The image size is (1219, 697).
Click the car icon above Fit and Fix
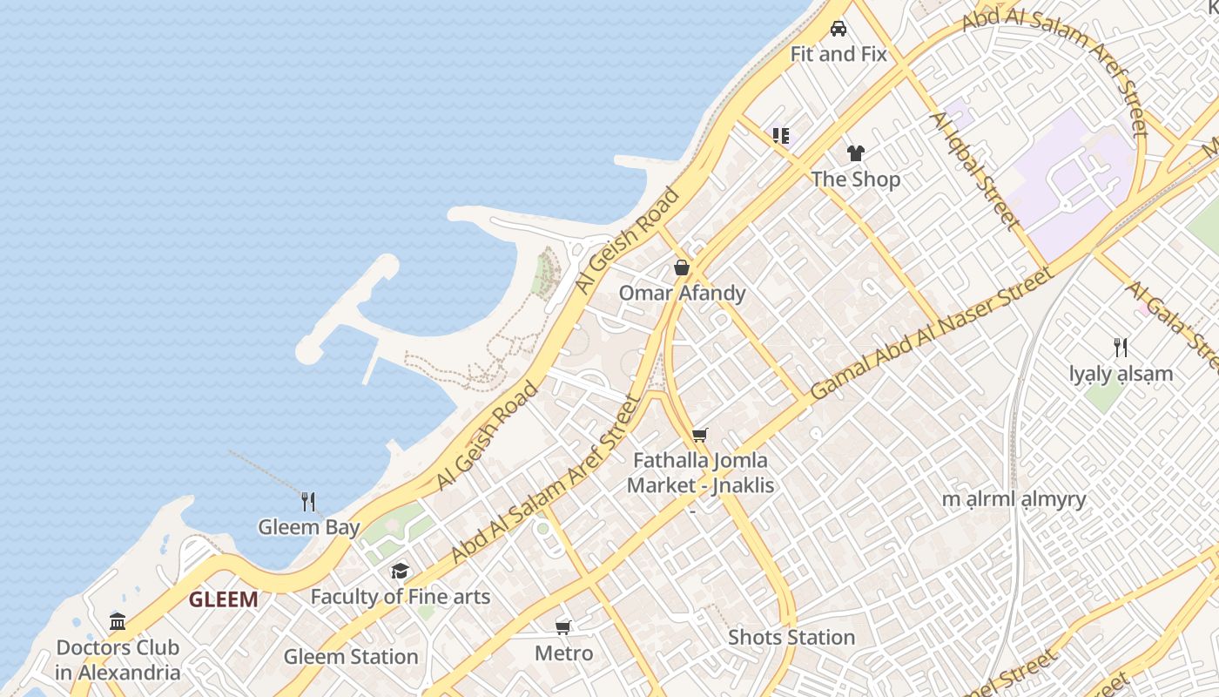tap(838, 29)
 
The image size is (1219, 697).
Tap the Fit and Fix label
tap(838, 54)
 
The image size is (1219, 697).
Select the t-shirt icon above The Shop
tap(856, 153)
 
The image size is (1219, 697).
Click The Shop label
tap(856, 179)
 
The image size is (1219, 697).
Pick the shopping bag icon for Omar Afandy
tap(682, 267)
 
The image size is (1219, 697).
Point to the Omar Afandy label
tap(682, 293)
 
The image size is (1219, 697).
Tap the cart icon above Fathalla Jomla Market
tap(700, 435)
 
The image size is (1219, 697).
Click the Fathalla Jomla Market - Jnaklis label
tap(701, 472)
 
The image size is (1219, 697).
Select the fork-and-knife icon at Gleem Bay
tap(307, 501)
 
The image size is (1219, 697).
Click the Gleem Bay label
tap(308, 527)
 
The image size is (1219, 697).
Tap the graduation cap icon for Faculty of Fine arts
tap(400, 571)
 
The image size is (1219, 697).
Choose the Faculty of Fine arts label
tap(401, 597)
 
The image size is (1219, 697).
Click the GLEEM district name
tap(224, 599)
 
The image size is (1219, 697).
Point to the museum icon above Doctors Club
tap(118, 621)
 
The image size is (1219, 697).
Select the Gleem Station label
tap(351, 656)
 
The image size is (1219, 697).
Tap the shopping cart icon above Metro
tap(563, 627)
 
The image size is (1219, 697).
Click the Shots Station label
tap(791, 637)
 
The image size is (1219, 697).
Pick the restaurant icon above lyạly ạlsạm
tap(1121, 348)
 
